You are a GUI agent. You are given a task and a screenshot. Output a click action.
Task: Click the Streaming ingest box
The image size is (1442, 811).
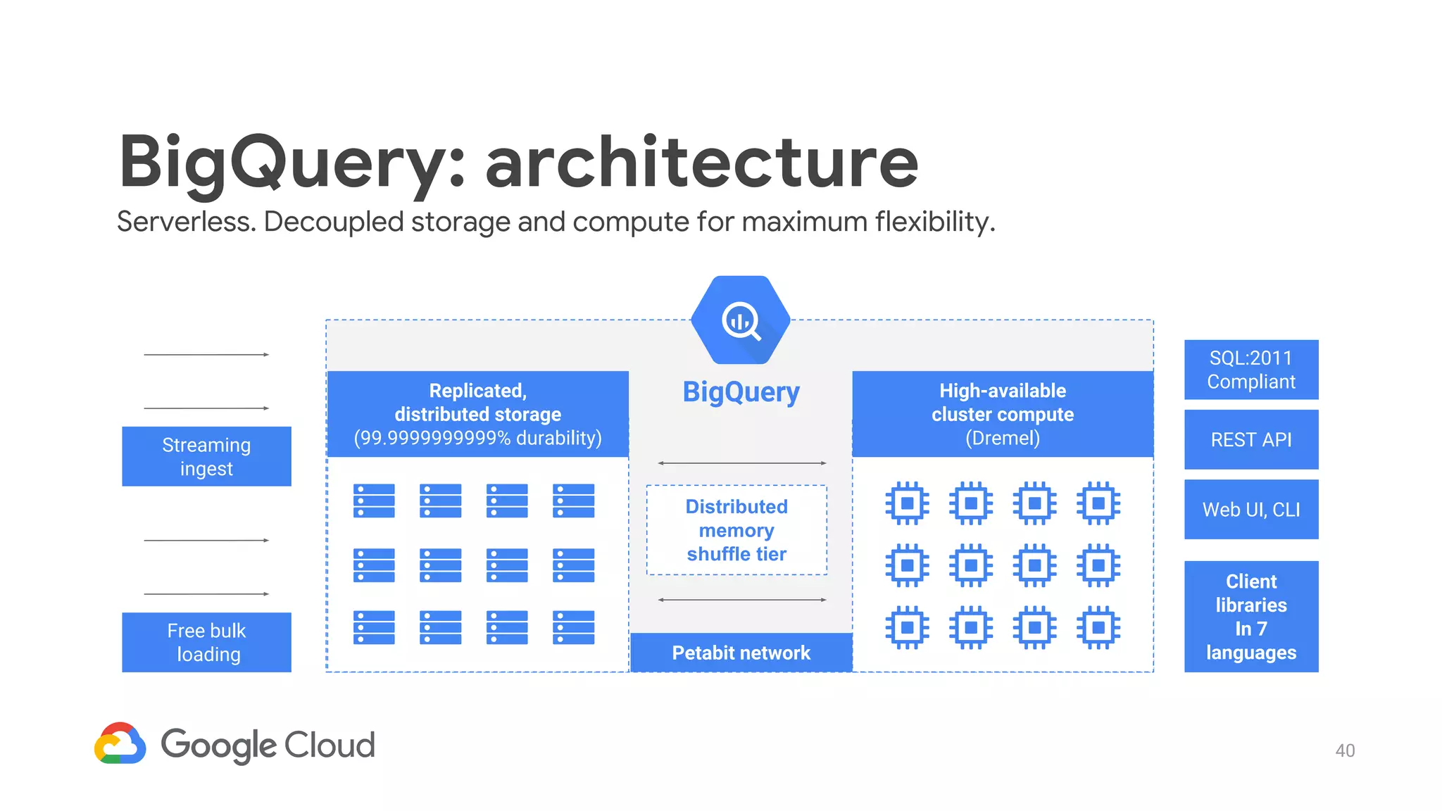[x=206, y=456]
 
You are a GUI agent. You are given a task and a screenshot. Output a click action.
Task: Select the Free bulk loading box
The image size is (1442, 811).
[x=206, y=642]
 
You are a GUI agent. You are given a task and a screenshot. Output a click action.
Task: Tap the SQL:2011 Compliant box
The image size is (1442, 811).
[x=1251, y=370]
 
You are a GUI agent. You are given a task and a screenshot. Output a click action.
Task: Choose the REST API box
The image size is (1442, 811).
[x=1251, y=439]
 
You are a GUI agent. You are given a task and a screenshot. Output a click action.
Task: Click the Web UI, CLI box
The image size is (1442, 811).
[x=1251, y=509]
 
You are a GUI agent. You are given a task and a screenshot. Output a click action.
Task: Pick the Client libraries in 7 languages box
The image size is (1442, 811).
[x=1251, y=617]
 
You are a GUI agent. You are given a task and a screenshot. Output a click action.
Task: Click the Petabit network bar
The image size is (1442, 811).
[x=741, y=653]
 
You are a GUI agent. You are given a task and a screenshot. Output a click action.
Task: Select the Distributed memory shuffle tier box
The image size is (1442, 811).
[x=736, y=530]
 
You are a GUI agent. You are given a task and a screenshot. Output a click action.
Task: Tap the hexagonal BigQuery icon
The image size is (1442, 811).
[x=741, y=320]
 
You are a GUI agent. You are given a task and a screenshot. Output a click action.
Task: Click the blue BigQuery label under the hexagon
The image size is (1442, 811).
[x=741, y=392]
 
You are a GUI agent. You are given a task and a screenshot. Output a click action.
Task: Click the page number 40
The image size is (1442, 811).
[x=1345, y=750]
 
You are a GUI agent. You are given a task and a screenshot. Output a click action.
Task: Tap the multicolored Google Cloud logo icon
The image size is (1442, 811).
[x=120, y=743]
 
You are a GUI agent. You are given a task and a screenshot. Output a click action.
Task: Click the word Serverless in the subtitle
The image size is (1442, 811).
[x=186, y=222]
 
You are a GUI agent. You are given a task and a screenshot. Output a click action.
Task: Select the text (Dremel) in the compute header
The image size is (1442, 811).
[x=1003, y=438]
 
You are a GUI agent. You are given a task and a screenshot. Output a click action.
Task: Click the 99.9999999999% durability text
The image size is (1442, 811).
[x=477, y=438]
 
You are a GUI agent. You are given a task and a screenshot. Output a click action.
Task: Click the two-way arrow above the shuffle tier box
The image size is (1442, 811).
[x=741, y=463]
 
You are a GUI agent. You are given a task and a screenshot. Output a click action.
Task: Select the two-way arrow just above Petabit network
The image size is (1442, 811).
[x=741, y=600]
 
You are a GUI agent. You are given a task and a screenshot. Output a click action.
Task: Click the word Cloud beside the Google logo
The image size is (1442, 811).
[x=330, y=745]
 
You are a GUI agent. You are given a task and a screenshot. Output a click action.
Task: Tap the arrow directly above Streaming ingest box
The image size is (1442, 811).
[x=206, y=408]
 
